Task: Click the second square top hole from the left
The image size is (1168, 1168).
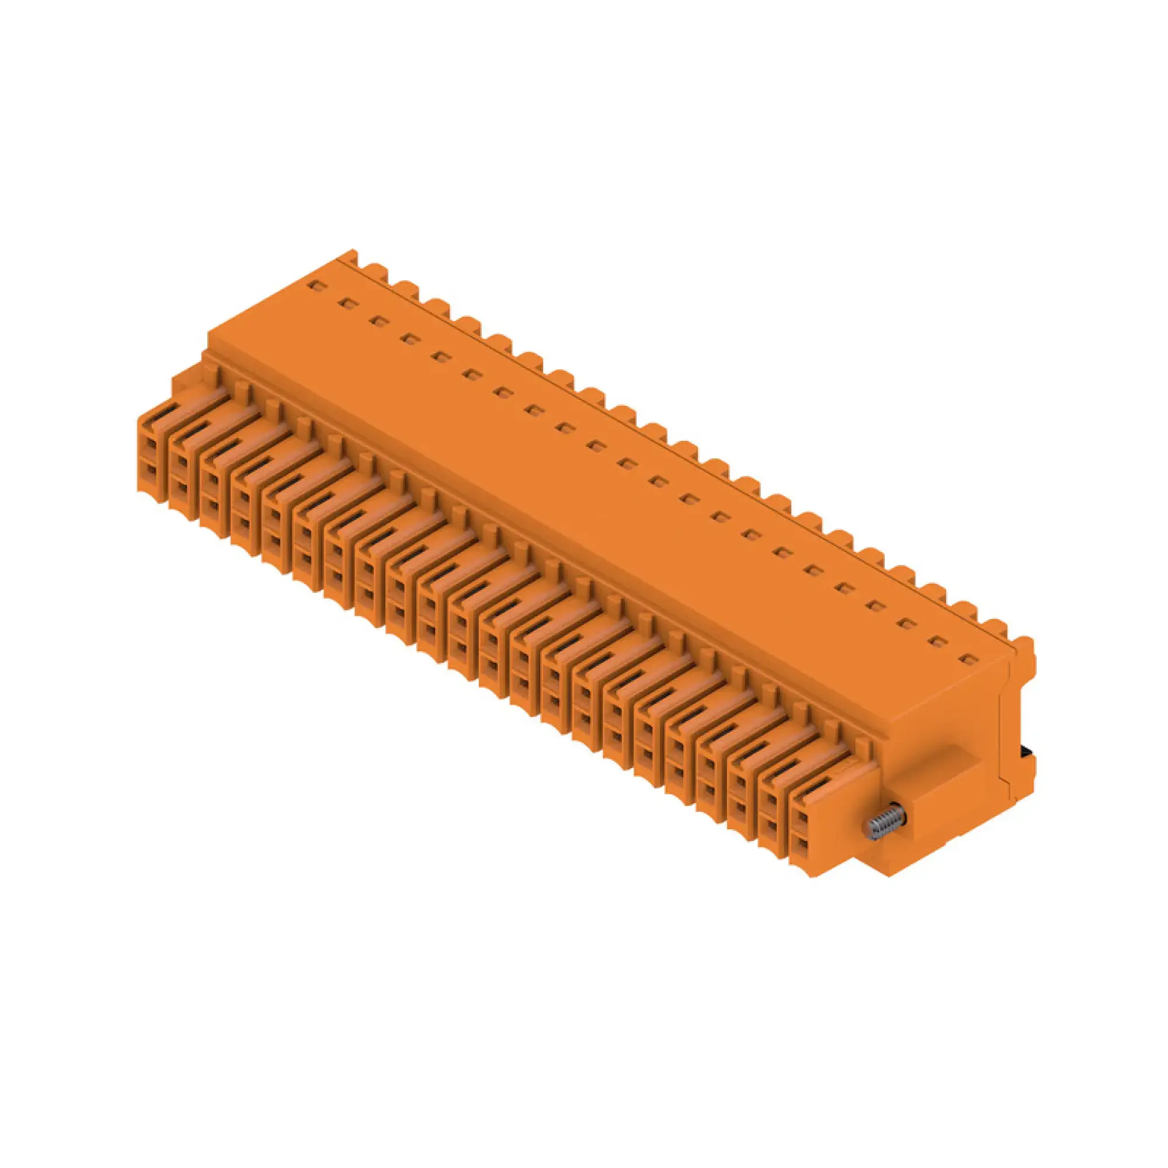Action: [x=345, y=303]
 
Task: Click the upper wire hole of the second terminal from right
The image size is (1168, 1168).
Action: [x=770, y=800]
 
